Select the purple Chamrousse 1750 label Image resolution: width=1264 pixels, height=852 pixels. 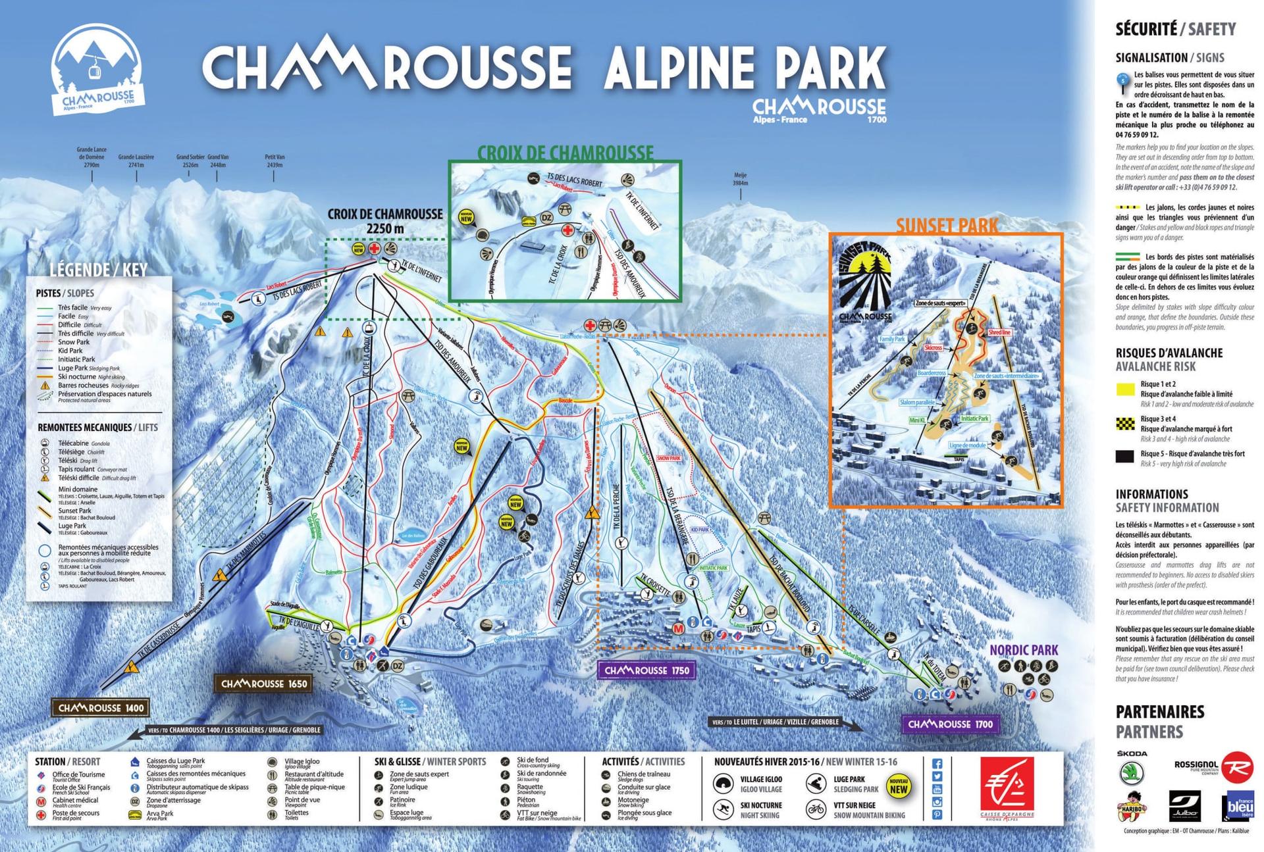(x=646, y=670)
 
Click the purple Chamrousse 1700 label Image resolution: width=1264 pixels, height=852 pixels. (x=950, y=724)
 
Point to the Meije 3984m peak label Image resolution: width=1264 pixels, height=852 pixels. (x=740, y=179)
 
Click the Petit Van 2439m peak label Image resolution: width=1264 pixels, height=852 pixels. (x=275, y=161)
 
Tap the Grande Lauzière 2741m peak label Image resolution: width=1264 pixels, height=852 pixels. (x=136, y=161)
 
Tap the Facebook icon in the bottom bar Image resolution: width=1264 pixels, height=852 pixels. (x=937, y=764)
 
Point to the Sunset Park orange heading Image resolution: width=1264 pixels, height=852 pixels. (x=947, y=226)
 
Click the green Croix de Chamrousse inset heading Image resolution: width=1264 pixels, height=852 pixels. (x=565, y=153)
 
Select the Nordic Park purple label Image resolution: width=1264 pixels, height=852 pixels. (x=1024, y=650)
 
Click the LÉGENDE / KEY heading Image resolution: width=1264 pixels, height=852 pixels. (x=99, y=270)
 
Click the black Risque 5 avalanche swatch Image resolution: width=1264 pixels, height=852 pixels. (x=1124, y=456)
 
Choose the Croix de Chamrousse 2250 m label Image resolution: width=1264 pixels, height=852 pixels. (x=385, y=221)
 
